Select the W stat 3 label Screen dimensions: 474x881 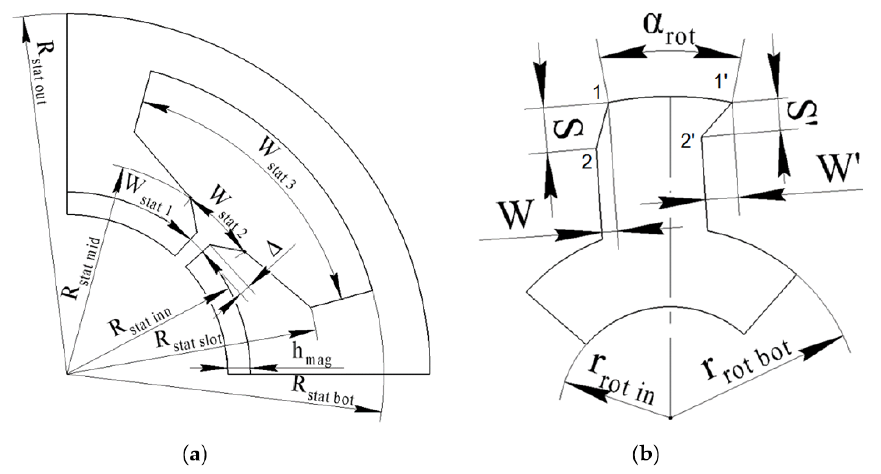277,165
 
